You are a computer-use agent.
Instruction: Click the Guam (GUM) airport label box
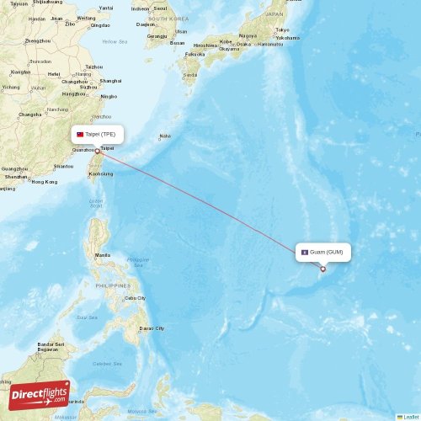click(322, 252)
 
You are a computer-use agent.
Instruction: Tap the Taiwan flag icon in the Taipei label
click(81, 134)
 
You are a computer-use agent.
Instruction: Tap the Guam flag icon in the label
click(305, 252)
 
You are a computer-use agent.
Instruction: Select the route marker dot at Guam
click(322, 269)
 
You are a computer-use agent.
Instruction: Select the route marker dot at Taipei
click(99, 152)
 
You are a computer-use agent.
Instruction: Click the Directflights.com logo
click(39, 394)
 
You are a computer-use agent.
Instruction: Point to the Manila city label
click(103, 255)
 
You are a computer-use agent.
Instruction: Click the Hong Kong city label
click(45, 182)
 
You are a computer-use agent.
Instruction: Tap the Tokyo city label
click(281, 29)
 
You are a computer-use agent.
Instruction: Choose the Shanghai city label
click(110, 81)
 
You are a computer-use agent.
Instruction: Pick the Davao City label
click(152, 328)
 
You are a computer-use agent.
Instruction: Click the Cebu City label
click(135, 298)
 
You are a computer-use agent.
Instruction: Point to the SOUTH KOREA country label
click(168, 18)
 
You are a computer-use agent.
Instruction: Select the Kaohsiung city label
click(100, 174)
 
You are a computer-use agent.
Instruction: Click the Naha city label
click(165, 136)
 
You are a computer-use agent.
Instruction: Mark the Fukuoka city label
click(195, 54)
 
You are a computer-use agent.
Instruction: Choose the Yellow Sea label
click(115, 41)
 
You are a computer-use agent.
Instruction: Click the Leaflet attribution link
click(411, 417)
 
